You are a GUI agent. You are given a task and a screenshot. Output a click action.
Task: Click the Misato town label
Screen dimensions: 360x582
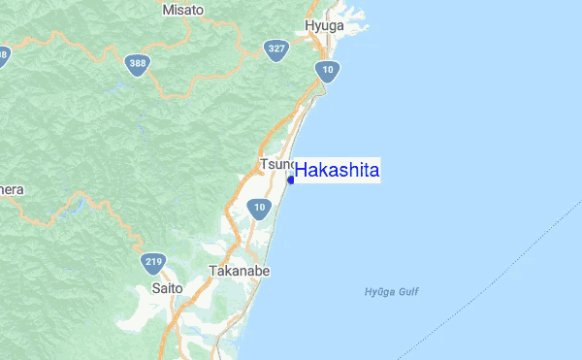pos(182,9)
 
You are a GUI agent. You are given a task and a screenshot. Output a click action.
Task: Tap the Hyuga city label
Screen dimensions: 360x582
pos(324,25)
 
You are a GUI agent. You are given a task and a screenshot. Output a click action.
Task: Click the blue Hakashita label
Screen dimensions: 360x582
pos(337,171)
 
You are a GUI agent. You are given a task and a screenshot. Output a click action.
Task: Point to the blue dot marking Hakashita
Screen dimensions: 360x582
pos(292,180)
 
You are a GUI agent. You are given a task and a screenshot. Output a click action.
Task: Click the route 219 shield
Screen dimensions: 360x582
pos(153,262)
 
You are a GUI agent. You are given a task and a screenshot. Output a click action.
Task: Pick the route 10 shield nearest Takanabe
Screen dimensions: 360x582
pos(257,207)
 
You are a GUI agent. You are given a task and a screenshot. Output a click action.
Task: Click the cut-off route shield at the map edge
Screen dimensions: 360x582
pos(3,56)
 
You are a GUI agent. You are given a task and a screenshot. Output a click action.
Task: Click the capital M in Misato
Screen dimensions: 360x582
pos(167,9)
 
